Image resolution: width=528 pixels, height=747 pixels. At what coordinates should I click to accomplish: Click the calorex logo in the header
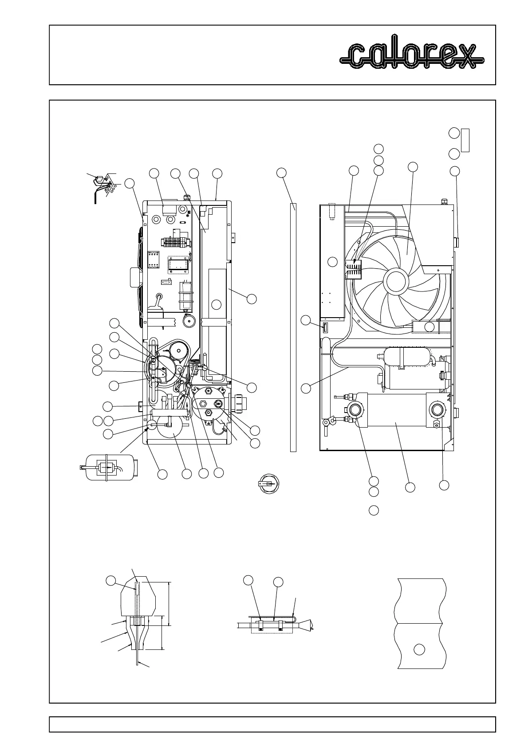[x=412, y=56]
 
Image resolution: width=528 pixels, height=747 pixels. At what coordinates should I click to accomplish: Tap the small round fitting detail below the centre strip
[x=268, y=483]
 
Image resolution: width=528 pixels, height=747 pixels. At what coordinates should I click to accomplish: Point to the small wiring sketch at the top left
[x=105, y=186]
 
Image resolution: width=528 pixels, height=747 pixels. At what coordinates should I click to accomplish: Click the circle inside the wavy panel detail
[x=419, y=649]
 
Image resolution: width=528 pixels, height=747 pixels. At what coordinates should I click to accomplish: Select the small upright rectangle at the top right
[x=465, y=140]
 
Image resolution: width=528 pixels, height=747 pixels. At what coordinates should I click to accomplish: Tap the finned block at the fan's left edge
[x=354, y=269]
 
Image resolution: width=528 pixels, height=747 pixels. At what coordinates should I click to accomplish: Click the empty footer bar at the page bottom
[x=272, y=724]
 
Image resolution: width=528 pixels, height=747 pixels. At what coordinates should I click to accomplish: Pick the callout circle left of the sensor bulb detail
[x=111, y=581]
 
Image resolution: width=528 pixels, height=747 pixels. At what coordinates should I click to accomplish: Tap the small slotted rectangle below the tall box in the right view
[x=325, y=328]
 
